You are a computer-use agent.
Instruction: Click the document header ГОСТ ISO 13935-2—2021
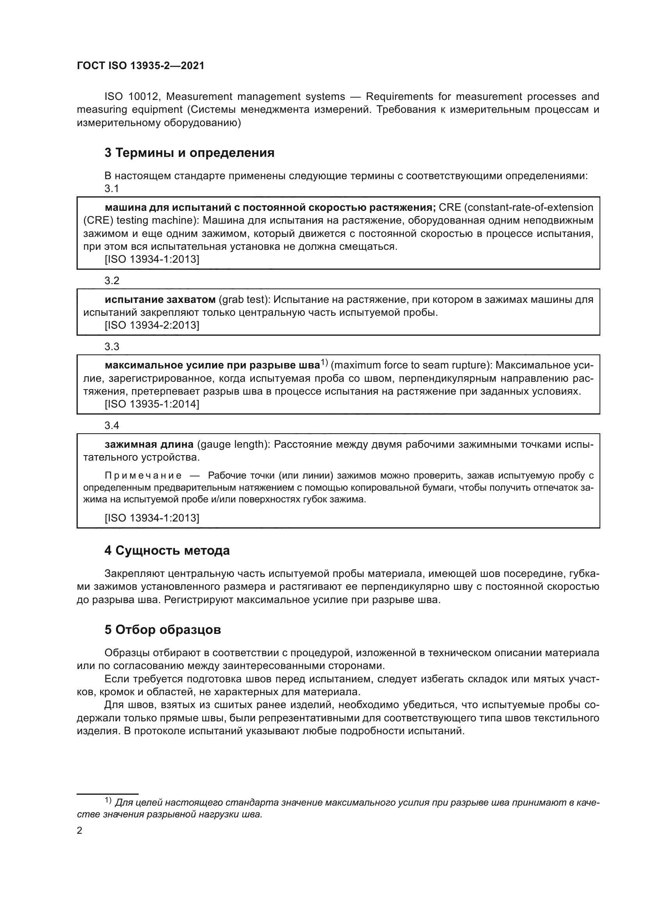[x=141, y=66]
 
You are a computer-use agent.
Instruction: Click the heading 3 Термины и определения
[x=189, y=153]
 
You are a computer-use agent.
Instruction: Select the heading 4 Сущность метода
[x=167, y=551]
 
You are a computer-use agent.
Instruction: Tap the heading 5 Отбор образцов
[x=163, y=630]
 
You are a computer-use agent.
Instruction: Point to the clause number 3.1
[x=112, y=189]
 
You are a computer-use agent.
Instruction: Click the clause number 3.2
[x=112, y=281]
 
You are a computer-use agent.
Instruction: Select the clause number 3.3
[x=112, y=347]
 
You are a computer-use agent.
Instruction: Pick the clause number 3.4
[x=112, y=425]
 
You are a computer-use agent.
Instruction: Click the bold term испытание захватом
[x=160, y=299]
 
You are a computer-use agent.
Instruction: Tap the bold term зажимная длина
[x=149, y=444]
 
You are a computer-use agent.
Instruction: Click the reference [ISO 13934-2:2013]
[x=152, y=325]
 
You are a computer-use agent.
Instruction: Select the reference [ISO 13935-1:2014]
[x=152, y=404]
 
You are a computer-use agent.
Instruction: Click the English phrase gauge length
[x=231, y=444]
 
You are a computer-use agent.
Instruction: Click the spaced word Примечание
[x=143, y=475]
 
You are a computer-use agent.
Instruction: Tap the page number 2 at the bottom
[x=80, y=830]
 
